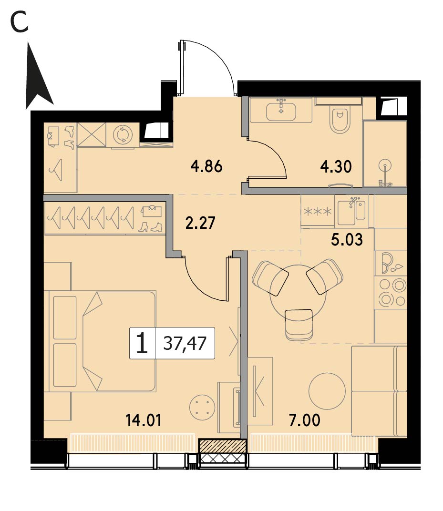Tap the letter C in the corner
[19, 22]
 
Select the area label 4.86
[206, 166]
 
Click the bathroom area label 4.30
[336, 167]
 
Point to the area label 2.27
[200, 223]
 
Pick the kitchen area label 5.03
[347, 239]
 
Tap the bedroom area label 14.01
[144, 420]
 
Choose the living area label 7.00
[305, 420]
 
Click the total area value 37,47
[185, 343]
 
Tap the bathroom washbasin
[281, 111]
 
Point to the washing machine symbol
[123, 134]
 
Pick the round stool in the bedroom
[202, 408]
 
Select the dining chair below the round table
[299, 324]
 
